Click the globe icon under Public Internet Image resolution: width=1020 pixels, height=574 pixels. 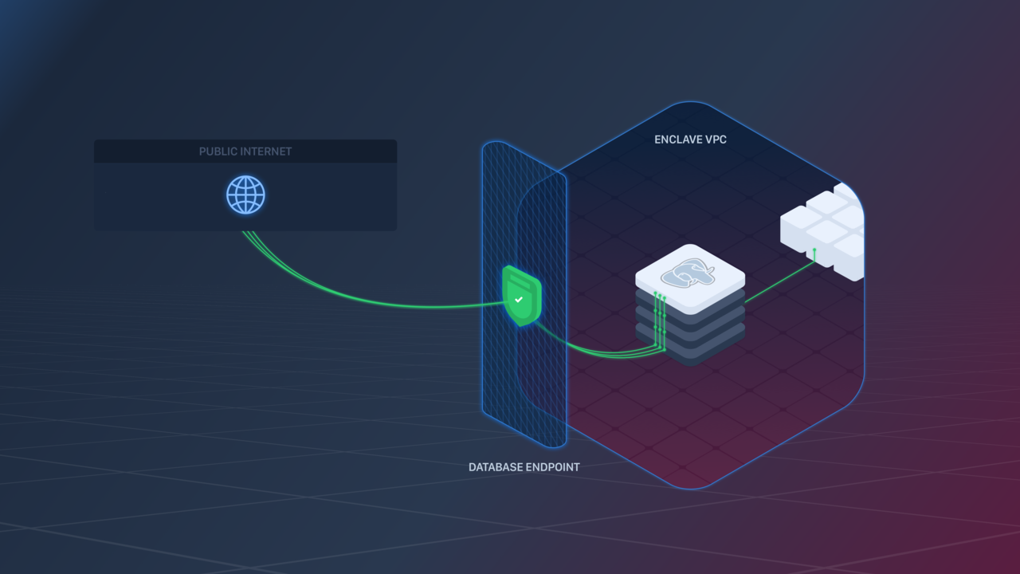click(x=245, y=195)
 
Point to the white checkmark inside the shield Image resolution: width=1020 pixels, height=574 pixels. click(x=519, y=300)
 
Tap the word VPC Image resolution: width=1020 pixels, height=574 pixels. click(x=715, y=140)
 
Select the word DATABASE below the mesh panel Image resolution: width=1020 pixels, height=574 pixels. click(x=495, y=467)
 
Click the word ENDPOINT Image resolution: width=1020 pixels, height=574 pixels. click(x=552, y=467)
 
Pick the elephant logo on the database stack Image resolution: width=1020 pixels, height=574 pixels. click(x=688, y=273)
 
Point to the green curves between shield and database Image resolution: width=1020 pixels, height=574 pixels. click(x=590, y=348)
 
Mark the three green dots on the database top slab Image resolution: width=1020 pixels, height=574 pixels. click(x=660, y=296)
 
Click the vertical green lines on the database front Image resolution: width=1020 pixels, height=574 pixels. click(x=660, y=323)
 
